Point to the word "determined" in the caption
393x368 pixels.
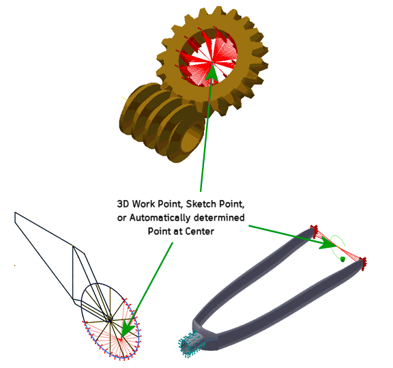pos(219,218)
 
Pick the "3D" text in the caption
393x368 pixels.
pos(123,204)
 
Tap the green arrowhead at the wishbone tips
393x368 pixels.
pos(329,242)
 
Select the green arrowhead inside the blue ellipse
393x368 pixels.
pos(128,330)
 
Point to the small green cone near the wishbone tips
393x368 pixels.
pos(343,259)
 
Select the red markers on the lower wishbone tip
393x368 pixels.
pos(363,264)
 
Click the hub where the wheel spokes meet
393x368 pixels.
pos(110,320)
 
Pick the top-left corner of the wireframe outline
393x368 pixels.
pos(15,212)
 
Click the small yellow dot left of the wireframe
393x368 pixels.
pos(15,266)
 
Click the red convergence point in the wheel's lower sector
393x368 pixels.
pos(121,339)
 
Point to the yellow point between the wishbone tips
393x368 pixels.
pos(338,247)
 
